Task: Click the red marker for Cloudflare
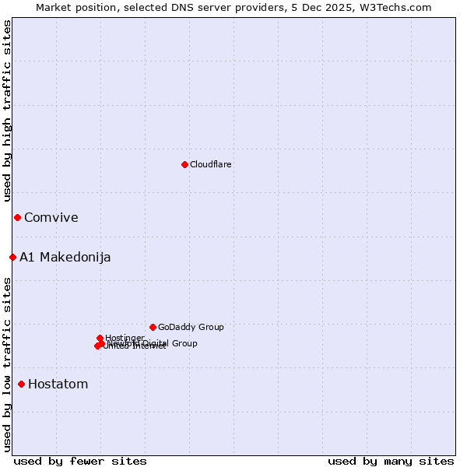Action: pyautogui.click(x=184, y=164)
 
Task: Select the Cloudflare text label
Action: pyautogui.click(x=210, y=164)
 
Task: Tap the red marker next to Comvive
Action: pyautogui.click(x=17, y=217)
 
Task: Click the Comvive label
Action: pyautogui.click(x=51, y=217)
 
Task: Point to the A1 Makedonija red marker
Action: pyautogui.click(x=12, y=257)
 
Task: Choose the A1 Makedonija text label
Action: pyautogui.click(x=65, y=257)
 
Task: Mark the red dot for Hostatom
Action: pyautogui.click(x=21, y=384)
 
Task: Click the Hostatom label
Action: pyautogui.click(x=58, y=384)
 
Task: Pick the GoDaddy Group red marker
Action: pyautogui.click(x=153, y=327)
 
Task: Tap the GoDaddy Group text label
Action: pyautogui.click(x=191, y=327)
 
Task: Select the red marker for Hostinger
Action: pyautogui.click(x=100, y=338)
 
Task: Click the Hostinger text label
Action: pyautogui.click(x=125, y=338)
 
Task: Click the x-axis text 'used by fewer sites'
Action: pyautogui.click(x=80, y=461)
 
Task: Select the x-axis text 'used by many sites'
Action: pyautogui.click(x=391, y=461)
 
